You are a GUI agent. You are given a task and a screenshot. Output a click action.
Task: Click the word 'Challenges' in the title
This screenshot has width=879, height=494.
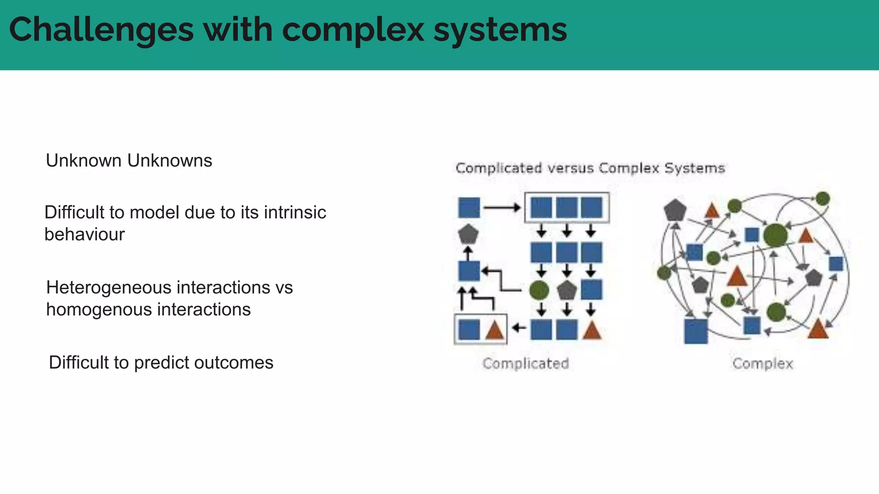tap(101, 30)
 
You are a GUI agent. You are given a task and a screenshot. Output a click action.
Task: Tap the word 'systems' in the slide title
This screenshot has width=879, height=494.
tap(500, 30)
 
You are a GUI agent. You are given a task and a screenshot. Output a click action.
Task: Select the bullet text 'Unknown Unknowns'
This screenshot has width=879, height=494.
tap(129, 161)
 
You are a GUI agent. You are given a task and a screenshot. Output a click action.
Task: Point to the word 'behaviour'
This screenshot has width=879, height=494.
tap(85, 235)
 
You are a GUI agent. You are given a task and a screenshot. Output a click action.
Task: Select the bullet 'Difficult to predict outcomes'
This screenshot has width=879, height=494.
tap(161, 363)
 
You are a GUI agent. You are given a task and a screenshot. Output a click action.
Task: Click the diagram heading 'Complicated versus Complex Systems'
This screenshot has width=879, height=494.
tap(590, 168)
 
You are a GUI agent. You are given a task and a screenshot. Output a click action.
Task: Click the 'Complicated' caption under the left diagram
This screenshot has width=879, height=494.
tap(526, 364)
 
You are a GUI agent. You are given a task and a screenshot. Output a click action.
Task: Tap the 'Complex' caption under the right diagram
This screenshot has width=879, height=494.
tap(763, 364)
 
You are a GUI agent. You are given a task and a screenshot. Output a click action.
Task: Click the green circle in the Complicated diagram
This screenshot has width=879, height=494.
tap(539, 290)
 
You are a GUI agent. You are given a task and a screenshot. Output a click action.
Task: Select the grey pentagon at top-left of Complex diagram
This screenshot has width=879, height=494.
tap(675, 210)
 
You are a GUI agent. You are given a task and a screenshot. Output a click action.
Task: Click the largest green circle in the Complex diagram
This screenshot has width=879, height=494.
tap(776, 235)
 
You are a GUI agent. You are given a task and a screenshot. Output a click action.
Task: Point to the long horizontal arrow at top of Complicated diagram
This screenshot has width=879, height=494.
tap(502, 208)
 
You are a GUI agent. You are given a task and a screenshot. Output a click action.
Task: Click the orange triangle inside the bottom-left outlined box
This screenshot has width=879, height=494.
tap(494, 331)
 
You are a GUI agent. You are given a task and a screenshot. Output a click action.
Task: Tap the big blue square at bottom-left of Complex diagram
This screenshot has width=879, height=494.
tap(696, 331)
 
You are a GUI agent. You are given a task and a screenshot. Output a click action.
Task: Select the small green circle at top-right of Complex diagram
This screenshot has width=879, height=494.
tap(822, 199)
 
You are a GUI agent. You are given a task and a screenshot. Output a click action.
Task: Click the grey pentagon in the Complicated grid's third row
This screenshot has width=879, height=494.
tap(567, 291)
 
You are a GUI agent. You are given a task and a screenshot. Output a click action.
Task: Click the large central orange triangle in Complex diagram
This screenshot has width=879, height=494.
tap(737, 277)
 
